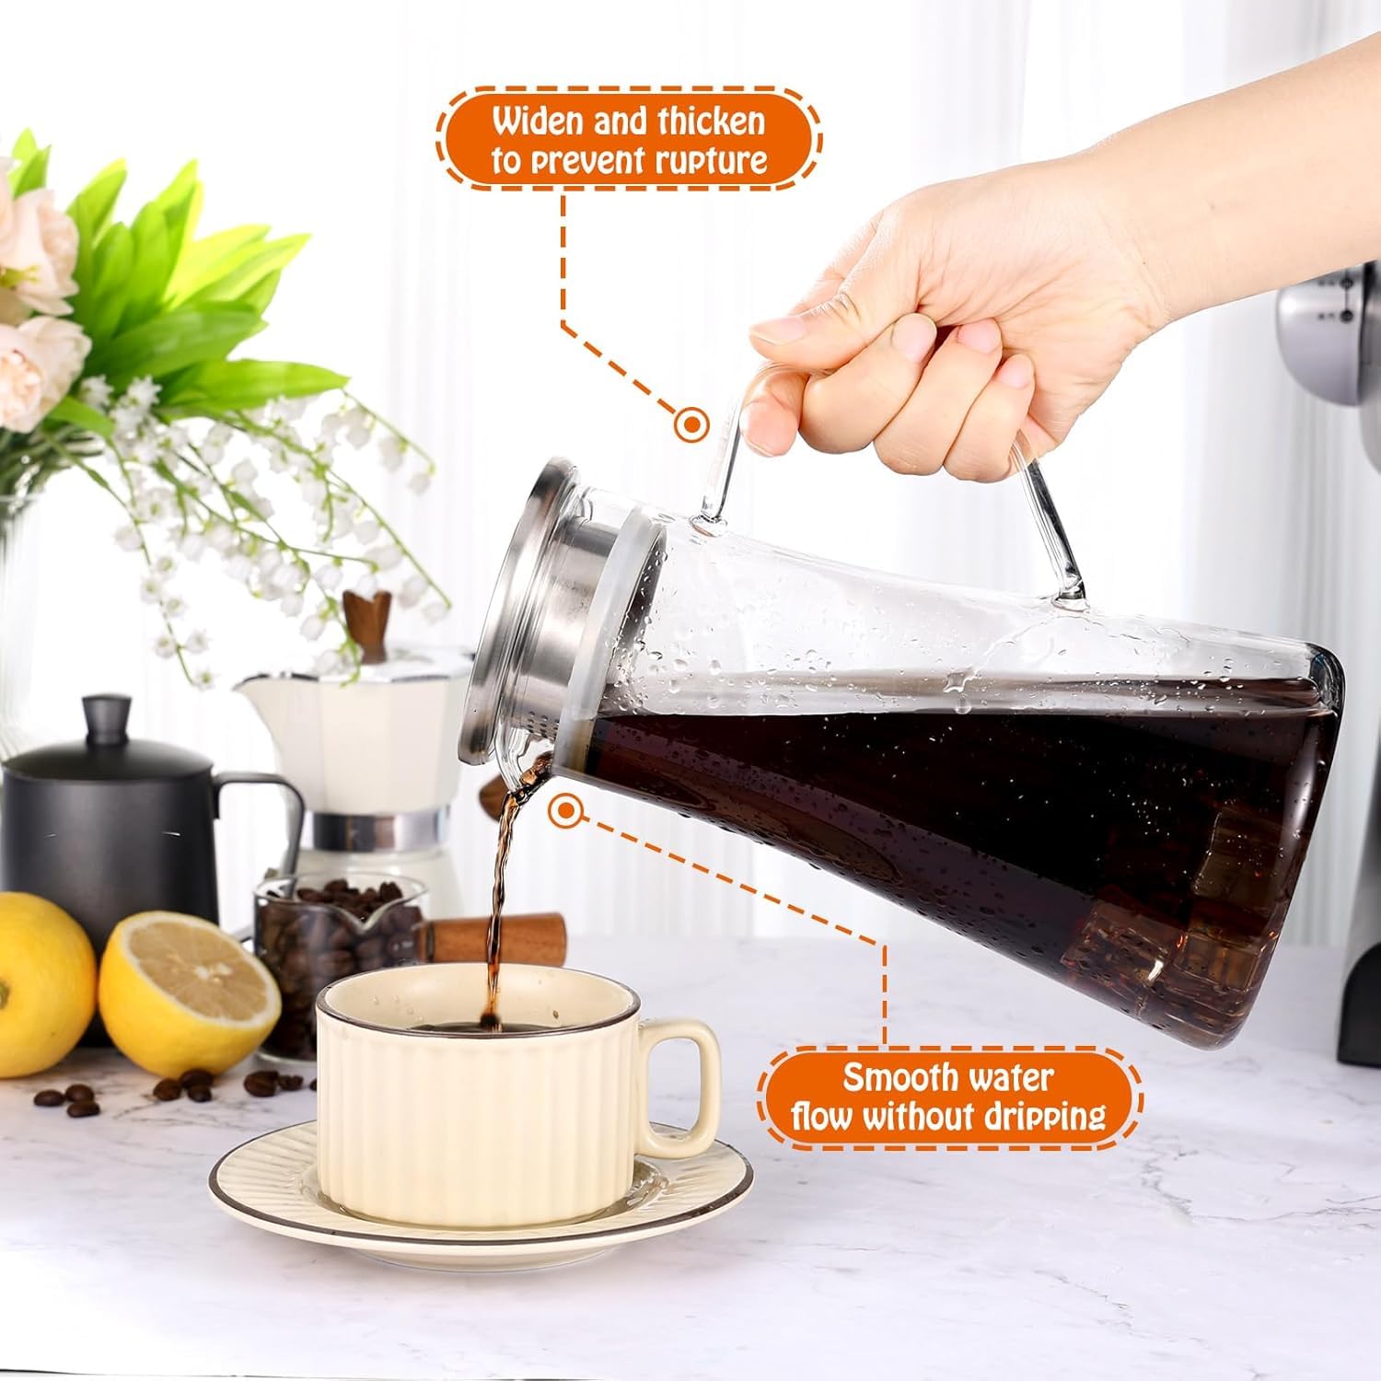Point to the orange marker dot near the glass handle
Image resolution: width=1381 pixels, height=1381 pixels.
coord(690,424)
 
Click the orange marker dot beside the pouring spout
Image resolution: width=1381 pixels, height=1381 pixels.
coord(565,810)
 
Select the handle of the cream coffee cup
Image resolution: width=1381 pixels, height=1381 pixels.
coord(686,1086)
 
